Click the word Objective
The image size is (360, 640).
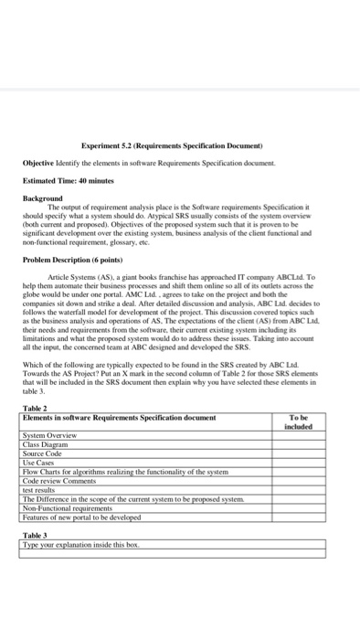pyautogui.click(x=40, y=161)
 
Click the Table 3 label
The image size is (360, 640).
pyautogui.click(x=34, y=537)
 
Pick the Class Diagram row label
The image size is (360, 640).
pyautogui.click(x=46, y=444)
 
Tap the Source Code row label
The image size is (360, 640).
pyautogui.click(x=43, y=453)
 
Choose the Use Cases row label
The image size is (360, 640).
pyautogui.click(x=39, y=461)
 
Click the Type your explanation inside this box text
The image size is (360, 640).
pyautogui.click(x=79, y=545)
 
